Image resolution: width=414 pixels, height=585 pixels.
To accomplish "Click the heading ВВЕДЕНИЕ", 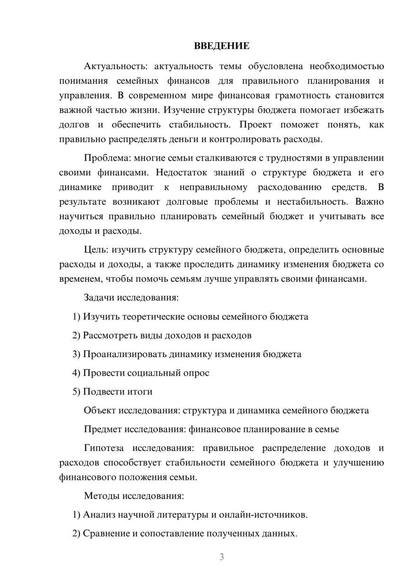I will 221,46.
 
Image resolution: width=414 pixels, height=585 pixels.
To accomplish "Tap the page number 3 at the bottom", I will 221,557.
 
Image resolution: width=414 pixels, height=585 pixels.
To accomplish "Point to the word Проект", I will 255,125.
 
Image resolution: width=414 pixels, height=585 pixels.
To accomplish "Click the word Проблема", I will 101,158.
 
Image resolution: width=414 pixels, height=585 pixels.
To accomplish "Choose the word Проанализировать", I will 125,354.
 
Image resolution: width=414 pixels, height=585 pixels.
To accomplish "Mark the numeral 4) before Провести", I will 76,373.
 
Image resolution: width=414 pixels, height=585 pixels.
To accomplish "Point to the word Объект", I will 100,410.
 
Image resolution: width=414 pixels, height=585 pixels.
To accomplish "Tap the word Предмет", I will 103,429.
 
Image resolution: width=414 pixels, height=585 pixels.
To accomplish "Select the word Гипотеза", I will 103,448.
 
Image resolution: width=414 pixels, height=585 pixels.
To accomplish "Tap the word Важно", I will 370,202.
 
